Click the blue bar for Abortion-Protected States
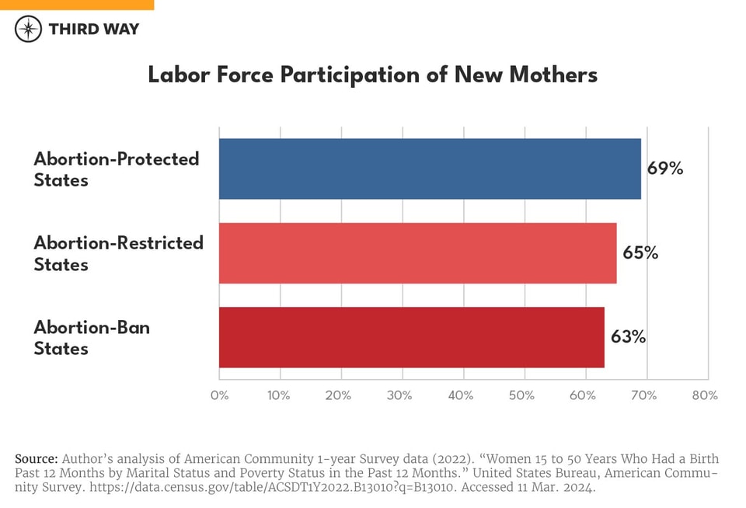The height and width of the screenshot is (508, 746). pyautogui.click(x=430, y=169)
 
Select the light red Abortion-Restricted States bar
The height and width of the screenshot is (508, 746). pyautogui.click(x=417, y=253)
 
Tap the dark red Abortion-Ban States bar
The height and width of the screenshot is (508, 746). pyautogui.click(x=411, y=337)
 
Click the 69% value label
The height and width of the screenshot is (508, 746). pyautogui.click(x=665, y=169)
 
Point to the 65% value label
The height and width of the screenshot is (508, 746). pyautogui.click(x=640, y=253)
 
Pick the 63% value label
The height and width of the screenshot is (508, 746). pyautogui.click(x=628, y=337)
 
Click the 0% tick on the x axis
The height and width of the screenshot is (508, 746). pyautogui.click(x=219, y=395)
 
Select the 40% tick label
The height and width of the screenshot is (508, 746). pyautogui.click(x=461, y=395)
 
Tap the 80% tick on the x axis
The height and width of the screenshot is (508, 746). pyautogui.click(x=704, y=395)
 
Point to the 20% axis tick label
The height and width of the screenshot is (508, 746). pyautogui.click(x=340, y=395)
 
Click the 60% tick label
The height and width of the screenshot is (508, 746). pyautogui.click(x=583, y=395)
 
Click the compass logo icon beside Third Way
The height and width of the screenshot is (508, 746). pyautogui.click(x=28, y=30)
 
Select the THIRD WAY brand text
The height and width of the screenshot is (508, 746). pyautogui.click(x=93, y=30)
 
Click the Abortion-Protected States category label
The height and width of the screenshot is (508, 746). pyautogui.click(x=117, y=169)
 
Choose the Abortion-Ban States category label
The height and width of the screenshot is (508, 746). pyautogui.click(x=92, y=337)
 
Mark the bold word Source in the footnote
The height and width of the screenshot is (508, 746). pyautogui.click(x=36, y=458)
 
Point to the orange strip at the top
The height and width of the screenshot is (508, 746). pyautogui.click(x=77, y=5)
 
